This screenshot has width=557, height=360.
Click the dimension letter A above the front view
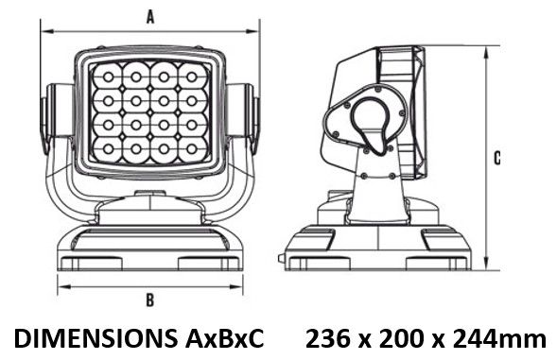[150, 17]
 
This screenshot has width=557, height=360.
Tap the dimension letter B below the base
[150, 300]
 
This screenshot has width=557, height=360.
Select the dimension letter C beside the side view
[497, 158]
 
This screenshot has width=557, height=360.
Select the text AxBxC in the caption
[225, 338]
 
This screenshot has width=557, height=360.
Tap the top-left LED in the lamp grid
[109, 77]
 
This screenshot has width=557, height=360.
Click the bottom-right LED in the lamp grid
[191, 148]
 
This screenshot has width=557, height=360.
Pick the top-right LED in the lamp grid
[191, 77]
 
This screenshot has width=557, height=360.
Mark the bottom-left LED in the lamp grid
[109, 148]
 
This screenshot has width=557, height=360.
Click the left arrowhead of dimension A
[47, 31]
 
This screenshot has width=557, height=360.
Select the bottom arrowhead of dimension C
[485, 264]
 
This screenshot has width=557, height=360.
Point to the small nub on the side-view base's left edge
[282, 259]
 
